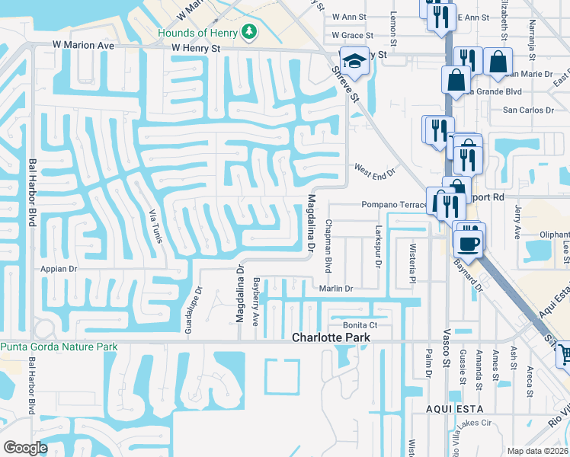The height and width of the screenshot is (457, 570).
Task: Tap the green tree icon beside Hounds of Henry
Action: (248, 32)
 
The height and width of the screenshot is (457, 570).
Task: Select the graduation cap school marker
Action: (354, 60)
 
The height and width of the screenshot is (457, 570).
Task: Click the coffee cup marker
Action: (469, 243)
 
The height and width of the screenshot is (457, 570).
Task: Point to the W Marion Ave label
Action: (83, 46)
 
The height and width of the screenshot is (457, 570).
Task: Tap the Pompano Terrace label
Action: (395, 205)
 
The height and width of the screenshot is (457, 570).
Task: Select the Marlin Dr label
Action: (336, 289)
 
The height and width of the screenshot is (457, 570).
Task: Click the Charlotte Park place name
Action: (331, 337)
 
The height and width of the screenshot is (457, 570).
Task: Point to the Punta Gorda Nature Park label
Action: (59, 347)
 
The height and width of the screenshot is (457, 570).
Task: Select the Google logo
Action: (25, 448)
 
